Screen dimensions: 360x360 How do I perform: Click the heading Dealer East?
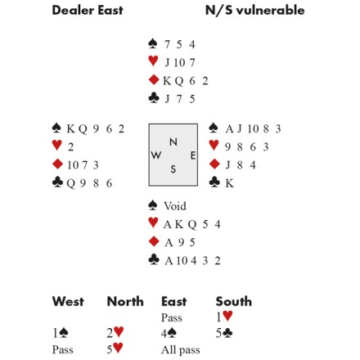(88, 11)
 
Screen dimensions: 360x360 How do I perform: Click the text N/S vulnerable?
(254, 11)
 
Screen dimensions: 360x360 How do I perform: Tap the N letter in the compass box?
(173, 142)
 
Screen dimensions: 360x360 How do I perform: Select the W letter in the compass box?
(156, 155)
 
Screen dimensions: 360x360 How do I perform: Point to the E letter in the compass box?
(193, 155)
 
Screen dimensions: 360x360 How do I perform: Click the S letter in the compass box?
(173, 169)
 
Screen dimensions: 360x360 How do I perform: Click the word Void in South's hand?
(175, 206)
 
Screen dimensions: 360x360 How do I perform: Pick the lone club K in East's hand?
(229, 183)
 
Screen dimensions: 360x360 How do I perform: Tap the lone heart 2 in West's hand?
(70, 147)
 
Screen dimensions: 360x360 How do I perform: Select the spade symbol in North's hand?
(153, 43)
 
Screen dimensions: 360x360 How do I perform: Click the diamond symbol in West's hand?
(57, 164)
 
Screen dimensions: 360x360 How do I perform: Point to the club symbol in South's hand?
(154, 259)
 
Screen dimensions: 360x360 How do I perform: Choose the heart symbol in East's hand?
(214, 145)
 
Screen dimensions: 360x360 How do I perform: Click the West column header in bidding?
(68, 301)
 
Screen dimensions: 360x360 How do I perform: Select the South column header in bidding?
(234, 301)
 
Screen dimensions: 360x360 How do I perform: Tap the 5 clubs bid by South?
(224, 333)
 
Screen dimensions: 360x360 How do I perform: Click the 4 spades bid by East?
(169, 333)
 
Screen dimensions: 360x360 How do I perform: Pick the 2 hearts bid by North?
(115, 333)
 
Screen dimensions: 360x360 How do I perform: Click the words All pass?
(181, 350)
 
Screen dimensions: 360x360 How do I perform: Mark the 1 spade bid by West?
(61, 333)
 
